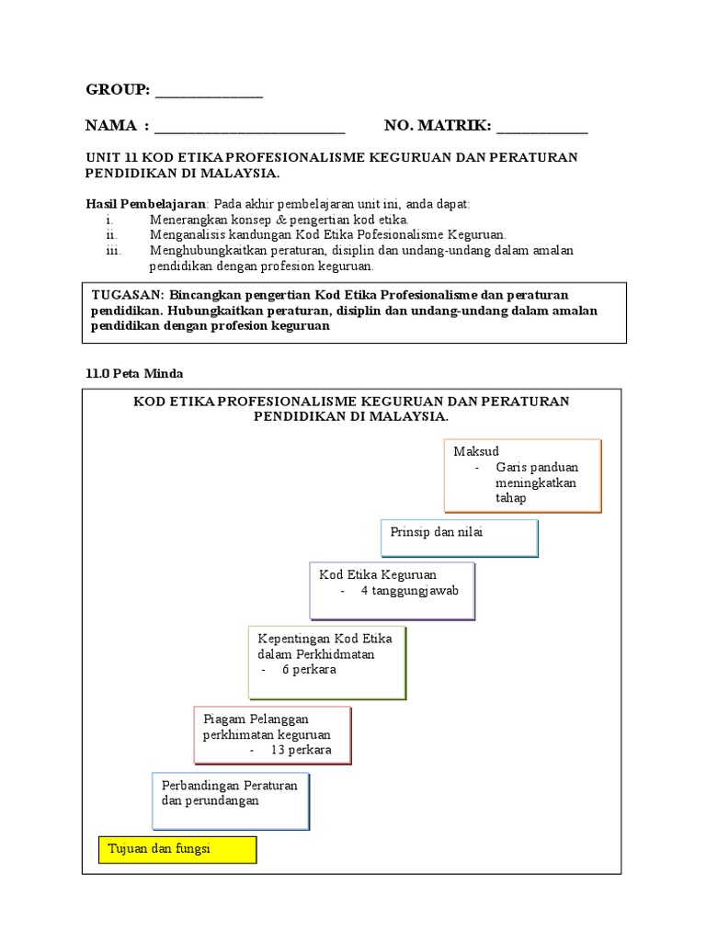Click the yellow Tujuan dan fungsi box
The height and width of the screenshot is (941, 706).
tap(177, 849)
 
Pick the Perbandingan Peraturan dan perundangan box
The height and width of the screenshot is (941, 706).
tap(231, 800)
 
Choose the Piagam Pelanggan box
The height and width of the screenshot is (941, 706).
tap(272, 734)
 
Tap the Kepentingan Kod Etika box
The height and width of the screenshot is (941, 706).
tap(326, 662)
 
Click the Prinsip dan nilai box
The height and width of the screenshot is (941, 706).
tap(459, 537)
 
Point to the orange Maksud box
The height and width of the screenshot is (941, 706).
tap(522, 474)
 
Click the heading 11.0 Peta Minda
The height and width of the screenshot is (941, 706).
tap(134, 374)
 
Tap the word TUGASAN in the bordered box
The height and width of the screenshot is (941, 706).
tap(128, 295)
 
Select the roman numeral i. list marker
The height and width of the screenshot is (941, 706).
tap(109, 221)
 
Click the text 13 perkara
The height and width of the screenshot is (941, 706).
tap(300, 751)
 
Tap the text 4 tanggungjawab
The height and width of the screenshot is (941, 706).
tap(409, 591)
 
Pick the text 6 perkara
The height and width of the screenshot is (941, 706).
tap(309, 670)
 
